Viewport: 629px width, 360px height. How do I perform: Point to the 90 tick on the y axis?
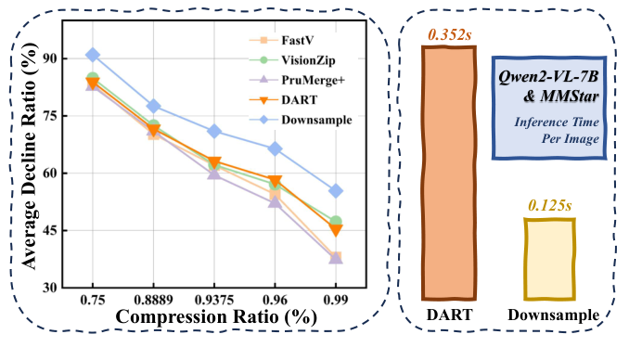(x=58, y=58)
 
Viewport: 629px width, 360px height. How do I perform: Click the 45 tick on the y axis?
(x=58, y=230)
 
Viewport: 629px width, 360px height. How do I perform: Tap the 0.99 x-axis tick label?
(x=336, y=302)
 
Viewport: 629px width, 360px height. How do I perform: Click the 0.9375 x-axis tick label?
(x=213, y=302)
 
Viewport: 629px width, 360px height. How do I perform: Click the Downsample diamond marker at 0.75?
(x=92, y=56)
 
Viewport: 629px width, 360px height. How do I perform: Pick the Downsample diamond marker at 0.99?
(x=336, y=191)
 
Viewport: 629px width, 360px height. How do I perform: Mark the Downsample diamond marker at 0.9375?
(x=214, y=132)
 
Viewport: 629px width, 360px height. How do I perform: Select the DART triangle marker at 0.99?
(x=336, y=230)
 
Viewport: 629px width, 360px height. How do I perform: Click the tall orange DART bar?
(x=449, y=173)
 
